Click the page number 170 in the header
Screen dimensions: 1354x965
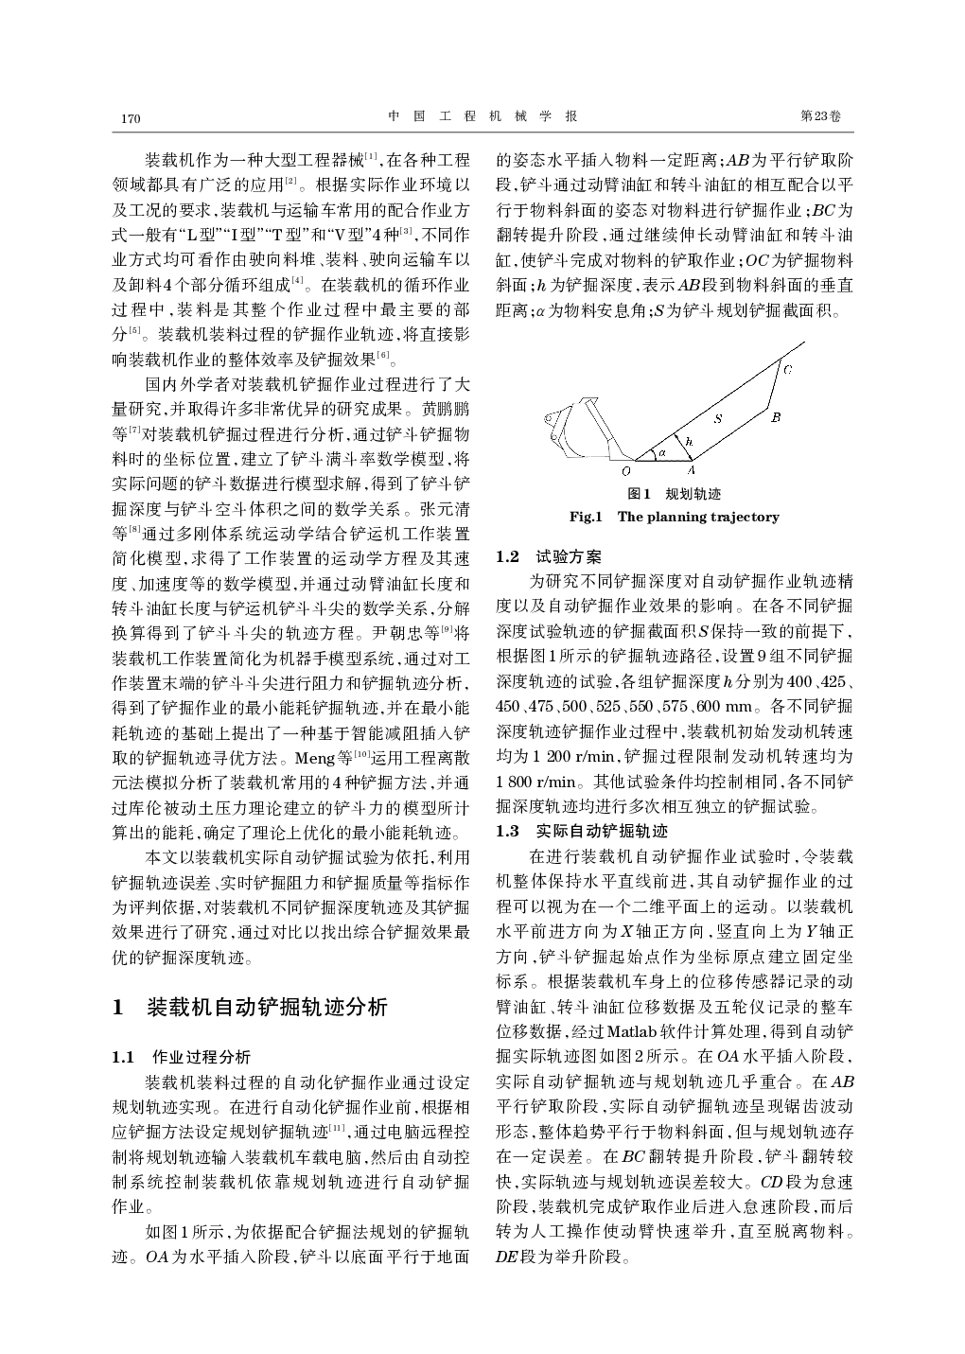[x=131, y=118]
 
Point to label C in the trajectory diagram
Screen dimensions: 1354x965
[x=788, y=368]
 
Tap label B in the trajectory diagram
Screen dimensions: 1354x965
[x=775, y=416]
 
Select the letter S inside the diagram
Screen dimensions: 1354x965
[x=717, y=417]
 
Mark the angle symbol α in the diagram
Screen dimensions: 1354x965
[x=662, y=452]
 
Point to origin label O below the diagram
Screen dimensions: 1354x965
[x=625, y=470]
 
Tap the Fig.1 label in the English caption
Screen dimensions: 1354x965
[x=586, y=517]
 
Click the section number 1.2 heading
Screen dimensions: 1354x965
[x=508, y=557]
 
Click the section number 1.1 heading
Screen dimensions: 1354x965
[x=126, y=1057]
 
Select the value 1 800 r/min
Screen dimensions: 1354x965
[x=535, y=782]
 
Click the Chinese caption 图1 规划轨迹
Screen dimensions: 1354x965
[x=675, y=494]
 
